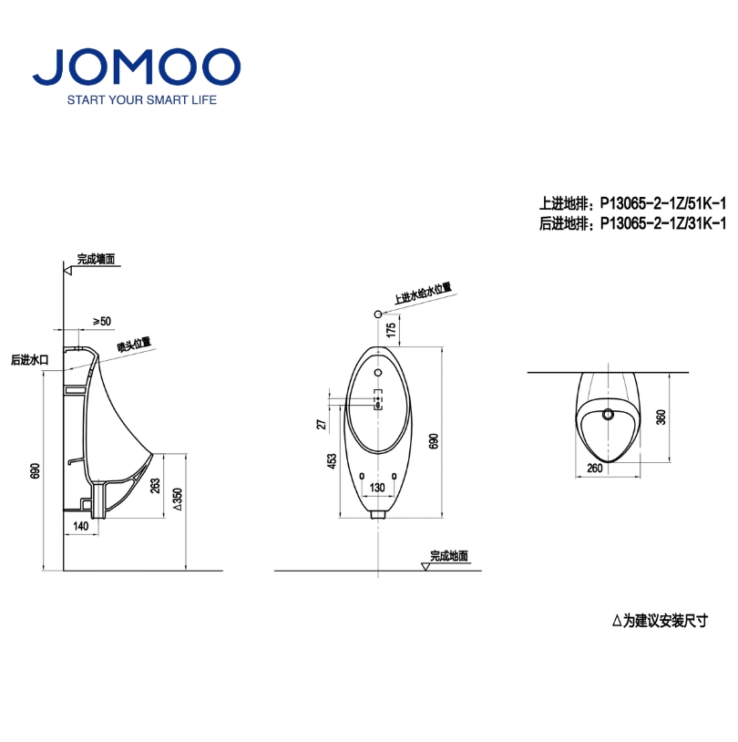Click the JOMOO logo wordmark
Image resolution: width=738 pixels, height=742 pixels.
tap(137, 67)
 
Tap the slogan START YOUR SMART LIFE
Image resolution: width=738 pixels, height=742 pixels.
tap(142, 100)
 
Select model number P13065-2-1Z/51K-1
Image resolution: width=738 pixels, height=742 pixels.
tap(662, 203)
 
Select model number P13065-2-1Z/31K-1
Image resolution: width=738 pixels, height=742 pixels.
tap(662, 223)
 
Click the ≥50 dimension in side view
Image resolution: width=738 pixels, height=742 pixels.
tap(102, 321)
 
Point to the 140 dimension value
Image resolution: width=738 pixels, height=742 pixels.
tap(81, 526)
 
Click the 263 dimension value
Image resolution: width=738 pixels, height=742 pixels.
tap(155, 486)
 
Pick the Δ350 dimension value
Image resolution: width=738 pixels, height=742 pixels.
tap(178, 500)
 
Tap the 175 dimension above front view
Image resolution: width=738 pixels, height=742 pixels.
tap(391, 330)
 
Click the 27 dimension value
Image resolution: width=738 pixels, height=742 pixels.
tap(322, 424)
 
